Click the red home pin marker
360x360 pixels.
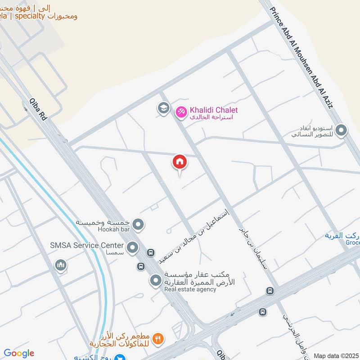click(x=180, y=162)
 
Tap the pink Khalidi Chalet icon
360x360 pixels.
click(x=181, y=111)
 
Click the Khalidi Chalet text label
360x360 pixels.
click(x=214, y=110)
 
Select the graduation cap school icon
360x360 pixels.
click(x=162, y=108)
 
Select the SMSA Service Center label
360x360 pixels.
click(x=87, y=245)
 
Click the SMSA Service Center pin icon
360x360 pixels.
click(x=132, y=247)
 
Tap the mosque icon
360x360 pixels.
click(x=61, y=265)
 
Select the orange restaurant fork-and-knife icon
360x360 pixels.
click(x=157, y=338)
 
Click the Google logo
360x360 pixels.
click(x=19, y=353)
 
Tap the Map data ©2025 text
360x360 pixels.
click(x=336, y=356)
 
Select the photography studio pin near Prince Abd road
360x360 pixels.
click(x=342, y=130)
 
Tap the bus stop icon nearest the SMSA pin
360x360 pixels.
click(x=151, y=253)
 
